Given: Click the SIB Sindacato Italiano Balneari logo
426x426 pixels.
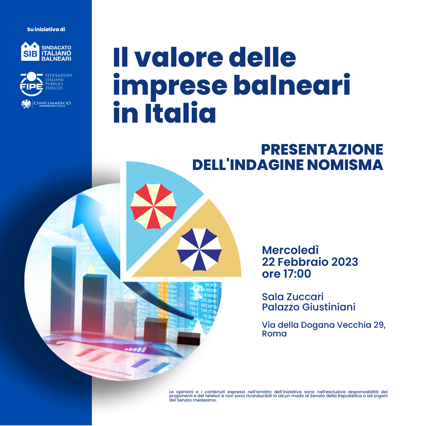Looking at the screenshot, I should click(x=46, y=51).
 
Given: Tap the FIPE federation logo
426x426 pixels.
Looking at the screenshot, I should click(x=46, y=84).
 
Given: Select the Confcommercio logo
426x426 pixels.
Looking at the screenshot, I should click(x=46, y=104).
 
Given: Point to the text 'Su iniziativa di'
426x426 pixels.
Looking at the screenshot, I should click(x=46, y=29).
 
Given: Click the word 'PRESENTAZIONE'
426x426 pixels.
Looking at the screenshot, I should click(x=322, y=149).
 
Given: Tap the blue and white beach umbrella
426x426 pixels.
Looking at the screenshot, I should click(x=199, y=249).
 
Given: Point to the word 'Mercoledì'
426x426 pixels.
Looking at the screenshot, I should click(x=290, y=250).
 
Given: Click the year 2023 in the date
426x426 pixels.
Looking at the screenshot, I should click(x=342, y=262).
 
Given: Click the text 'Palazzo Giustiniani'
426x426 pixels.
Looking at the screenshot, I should click(x=308, y=307).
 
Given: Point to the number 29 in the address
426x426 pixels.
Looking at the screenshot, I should click(x=378, y=325).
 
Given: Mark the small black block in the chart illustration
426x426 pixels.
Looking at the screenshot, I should click(x=189, y=338).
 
